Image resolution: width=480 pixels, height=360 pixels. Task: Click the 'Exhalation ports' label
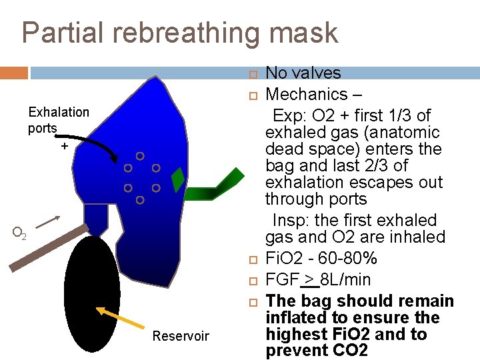(x=58, y=119)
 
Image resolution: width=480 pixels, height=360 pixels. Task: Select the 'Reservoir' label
(x=181, y=336)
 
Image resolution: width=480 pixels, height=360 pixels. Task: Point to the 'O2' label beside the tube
(x=20, y=233)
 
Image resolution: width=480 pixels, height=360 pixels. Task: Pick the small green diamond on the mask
(x=178, y=179)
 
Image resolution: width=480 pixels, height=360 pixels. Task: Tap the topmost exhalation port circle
(x=140, y=156)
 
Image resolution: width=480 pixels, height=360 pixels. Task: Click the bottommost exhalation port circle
(x=140, y=200)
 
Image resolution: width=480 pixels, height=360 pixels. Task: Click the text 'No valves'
(x=303, y=73)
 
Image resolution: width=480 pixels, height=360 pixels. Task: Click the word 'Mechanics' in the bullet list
(x=307, y=94)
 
